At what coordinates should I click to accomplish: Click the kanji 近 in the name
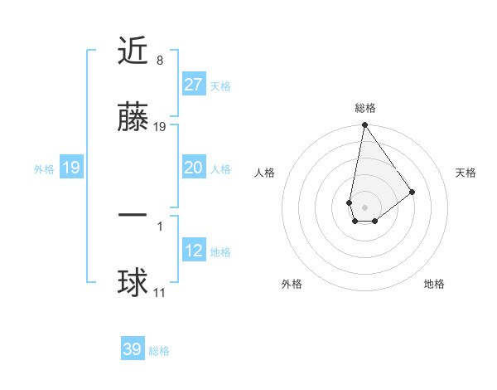133,51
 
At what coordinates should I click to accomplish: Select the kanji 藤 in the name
133,118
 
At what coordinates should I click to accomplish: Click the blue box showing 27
193,85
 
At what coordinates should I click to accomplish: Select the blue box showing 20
193,168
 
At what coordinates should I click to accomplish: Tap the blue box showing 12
193,251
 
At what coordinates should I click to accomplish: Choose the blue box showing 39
133,349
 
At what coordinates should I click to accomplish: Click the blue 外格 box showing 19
71,168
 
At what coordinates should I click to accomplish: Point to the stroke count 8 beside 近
160,61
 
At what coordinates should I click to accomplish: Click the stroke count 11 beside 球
160,293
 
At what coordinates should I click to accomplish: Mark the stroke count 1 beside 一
160,225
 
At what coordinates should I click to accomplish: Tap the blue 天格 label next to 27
220,86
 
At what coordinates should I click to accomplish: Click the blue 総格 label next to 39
159,351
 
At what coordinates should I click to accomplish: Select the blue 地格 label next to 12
220,252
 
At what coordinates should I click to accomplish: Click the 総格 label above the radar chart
364,108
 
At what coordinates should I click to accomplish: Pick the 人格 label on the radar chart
265,173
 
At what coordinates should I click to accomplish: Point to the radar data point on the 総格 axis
364,126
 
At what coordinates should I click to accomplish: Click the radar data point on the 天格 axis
412,192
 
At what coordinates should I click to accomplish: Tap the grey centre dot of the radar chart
364,207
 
